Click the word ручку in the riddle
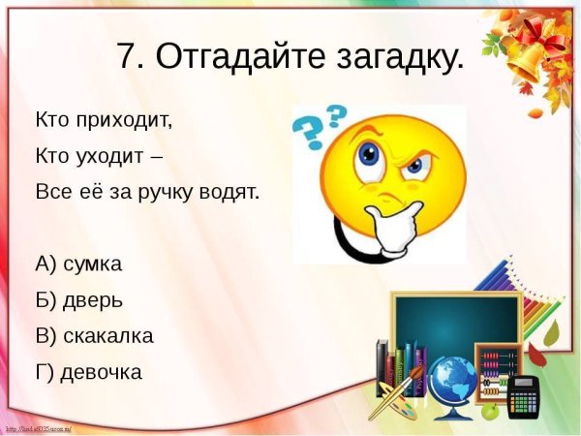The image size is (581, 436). (x=172, y=191)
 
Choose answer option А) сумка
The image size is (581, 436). (x=79, y=264)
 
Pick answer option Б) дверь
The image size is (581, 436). (x=79, y=299)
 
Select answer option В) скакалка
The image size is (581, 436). (x=94, y=335)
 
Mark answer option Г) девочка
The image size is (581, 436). (x=88, y=371)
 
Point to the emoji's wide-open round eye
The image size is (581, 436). (x=370, y=154)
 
